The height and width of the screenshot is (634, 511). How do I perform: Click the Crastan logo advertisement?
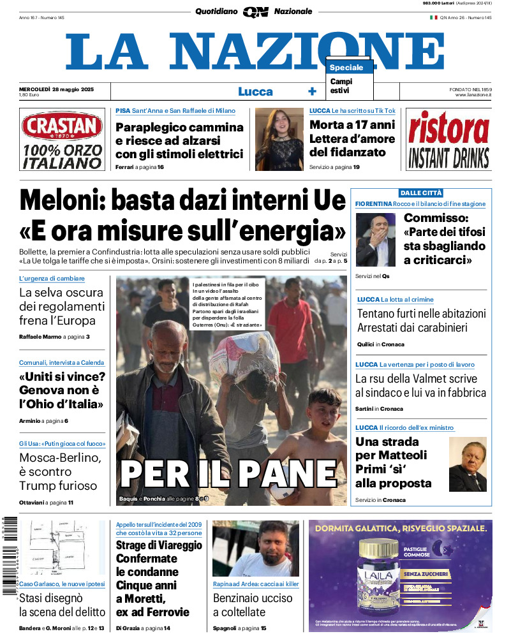(61, 139)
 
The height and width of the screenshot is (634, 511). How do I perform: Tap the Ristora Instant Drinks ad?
(448, 140)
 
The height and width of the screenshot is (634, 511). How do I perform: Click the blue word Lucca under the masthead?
(255, 92)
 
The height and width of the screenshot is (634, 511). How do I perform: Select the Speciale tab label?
(347, 68)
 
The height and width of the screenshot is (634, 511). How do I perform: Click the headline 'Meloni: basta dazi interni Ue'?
(182, 201)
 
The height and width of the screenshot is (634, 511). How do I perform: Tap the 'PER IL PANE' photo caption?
(228, 473)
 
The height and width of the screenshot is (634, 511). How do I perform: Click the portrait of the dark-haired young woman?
(279, 139)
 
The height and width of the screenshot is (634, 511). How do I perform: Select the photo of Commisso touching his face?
(375, 239)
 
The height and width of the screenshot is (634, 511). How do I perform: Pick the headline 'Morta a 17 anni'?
(352, 125)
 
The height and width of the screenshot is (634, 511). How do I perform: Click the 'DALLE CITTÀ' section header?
(421, 193)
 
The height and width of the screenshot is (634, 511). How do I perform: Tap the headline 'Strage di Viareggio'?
(159, 545)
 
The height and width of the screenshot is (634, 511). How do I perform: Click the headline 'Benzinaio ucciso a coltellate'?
(253, 605)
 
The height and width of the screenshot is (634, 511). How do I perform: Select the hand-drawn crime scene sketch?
(62, 547)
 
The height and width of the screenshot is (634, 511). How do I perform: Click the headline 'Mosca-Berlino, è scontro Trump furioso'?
(58, 471)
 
